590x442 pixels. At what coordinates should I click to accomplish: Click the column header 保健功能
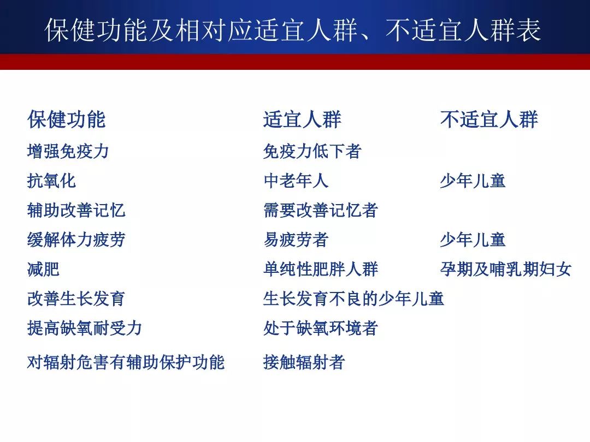pos(67,120)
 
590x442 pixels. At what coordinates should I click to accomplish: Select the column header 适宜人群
pos(303,120)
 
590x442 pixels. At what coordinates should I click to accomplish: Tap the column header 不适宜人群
pos(489,120)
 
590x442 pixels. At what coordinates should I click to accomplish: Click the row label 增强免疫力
pos(68,152)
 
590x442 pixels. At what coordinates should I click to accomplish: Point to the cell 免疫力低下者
pos(312,152)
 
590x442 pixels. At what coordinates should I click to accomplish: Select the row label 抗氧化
pos(51,181)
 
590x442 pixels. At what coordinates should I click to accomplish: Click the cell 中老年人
pos(296,181)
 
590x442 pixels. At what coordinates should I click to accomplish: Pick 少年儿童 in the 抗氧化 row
pos(473,181)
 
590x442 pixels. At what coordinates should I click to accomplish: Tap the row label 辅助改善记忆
pos(76,210)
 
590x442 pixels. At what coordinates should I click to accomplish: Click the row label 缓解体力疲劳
pos(76,240)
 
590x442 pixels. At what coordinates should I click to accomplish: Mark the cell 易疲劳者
pos(296,240)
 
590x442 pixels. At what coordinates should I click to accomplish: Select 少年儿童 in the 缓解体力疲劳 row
pos(473,240)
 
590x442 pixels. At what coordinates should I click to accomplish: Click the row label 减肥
pos(43,269)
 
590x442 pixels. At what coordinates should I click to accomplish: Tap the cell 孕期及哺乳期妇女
pos(506,269)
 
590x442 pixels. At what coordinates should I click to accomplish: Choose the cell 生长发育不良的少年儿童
pos(354,299)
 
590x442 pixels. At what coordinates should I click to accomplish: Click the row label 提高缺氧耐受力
pos(85,328)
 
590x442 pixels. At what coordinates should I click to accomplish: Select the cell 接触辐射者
pos(304,362)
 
